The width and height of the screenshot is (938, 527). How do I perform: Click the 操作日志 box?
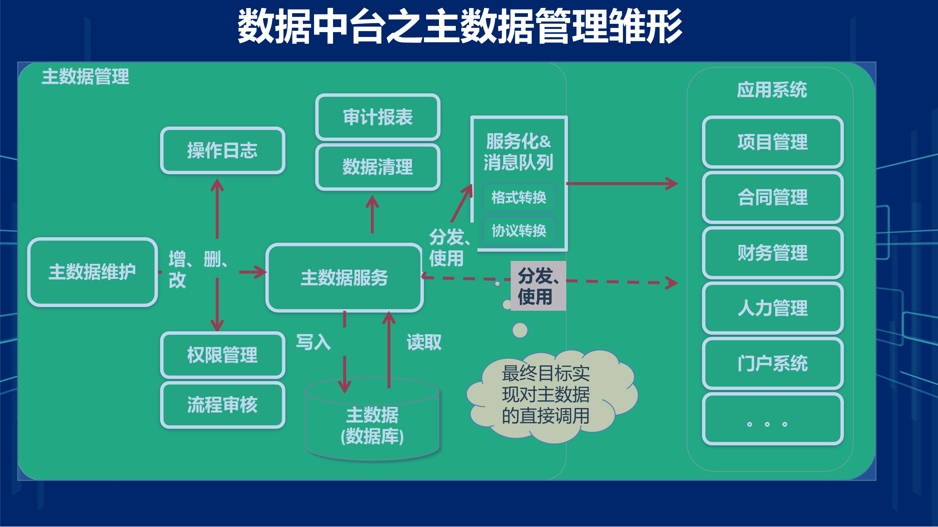click(222, 150)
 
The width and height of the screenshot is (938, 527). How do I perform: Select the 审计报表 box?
click(378, 117)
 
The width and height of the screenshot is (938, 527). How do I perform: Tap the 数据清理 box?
click(378, 167)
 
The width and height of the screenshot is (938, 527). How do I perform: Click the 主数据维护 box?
click(92, 272)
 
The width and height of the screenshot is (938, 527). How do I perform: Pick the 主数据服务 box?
click(344, 277)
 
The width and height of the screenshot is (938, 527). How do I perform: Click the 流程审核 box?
click(222, 405)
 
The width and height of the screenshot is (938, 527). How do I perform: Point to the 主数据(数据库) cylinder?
click(372, 425)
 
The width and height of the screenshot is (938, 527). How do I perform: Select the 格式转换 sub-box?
click(519, 198)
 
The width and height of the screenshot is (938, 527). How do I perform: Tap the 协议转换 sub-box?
click(519, 231)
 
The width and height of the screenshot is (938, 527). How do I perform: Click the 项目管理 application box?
click(773, 142)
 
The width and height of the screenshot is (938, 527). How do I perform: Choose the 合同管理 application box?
click(773, 198)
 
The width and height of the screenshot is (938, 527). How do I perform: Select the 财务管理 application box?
click(773, 253)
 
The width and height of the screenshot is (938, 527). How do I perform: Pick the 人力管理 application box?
click(773, 308)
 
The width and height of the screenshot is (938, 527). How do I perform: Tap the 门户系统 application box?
click(773, 363)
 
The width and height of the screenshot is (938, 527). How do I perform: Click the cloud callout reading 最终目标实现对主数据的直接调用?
click(546, 395)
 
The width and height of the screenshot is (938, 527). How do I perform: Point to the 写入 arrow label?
click(313, 342)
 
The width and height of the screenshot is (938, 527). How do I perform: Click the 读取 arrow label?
click(424, 342)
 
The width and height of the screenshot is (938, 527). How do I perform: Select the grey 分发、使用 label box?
click(538, 286)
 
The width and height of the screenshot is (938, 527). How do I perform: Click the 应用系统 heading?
click(772, 90)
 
